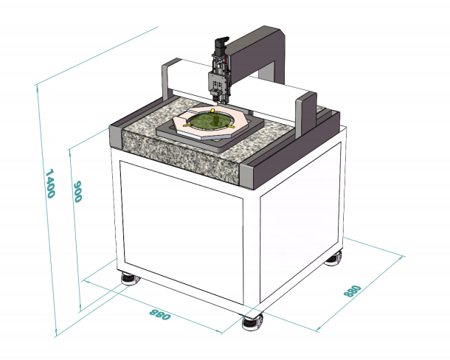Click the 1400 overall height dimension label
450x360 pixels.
(x=50, y=184)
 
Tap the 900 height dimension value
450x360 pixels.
(x=77, y=191)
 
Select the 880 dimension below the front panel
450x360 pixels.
(x=159, y=314)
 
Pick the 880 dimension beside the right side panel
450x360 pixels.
(x=352, y=291)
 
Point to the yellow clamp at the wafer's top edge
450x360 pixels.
(x=212, y=111)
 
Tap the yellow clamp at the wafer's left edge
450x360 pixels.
(x=187, y=125)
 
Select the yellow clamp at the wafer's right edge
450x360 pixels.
(x=231, y=126)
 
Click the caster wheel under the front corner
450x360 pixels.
(x=252, y=322)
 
